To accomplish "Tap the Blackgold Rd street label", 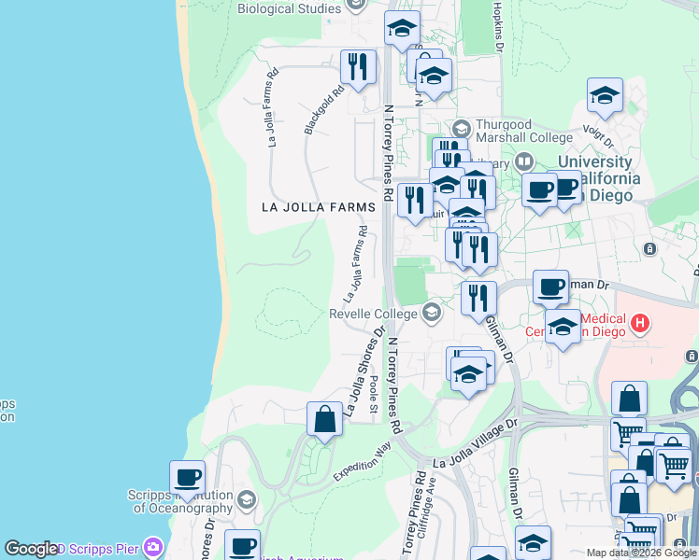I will click(323, 111).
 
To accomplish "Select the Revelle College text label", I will click(376, 314).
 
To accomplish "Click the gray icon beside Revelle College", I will click(431, 312).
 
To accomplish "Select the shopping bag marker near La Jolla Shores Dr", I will click(324, 420).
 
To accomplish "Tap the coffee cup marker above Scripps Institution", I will click(187, 478).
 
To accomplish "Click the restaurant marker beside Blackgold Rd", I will click(357, 67).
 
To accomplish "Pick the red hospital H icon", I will click(640, 324).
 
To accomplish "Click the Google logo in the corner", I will click(30, 549).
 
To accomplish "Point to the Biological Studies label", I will click(289, 9).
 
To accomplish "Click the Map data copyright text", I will click(641, 553).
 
